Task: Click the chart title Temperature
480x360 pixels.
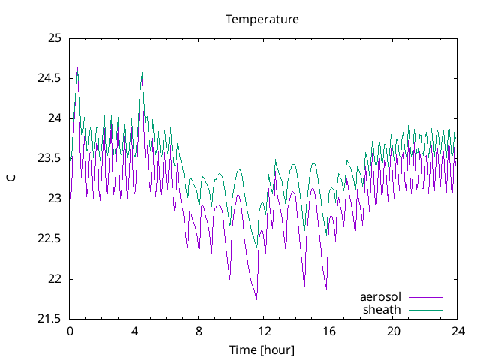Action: (262, 19)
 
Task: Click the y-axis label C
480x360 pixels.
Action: (11, 178)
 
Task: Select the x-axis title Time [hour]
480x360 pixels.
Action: (262, 349)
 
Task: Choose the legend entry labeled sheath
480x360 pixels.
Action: (382, 309)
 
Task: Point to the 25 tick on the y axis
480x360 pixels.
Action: (54, 38)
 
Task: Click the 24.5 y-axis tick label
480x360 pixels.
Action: (49, 78)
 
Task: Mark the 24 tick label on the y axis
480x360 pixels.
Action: (54, 118)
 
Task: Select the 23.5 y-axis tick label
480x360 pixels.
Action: (49, 158)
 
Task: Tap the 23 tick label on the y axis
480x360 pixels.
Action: (54, 199)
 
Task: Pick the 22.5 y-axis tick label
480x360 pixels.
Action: (49, 238)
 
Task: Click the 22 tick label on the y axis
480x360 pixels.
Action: (54, 279)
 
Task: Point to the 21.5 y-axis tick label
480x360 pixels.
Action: (49, 319)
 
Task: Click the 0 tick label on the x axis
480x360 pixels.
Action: (70, 331)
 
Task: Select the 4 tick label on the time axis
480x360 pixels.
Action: (134, 331)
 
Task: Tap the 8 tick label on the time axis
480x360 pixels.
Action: (199, 331)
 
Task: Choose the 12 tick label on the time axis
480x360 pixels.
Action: (263, 331)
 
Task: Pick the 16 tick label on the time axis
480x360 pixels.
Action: (328, 331)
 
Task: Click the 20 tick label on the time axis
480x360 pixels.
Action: (392, 331)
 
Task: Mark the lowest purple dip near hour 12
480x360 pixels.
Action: (256, 299)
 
